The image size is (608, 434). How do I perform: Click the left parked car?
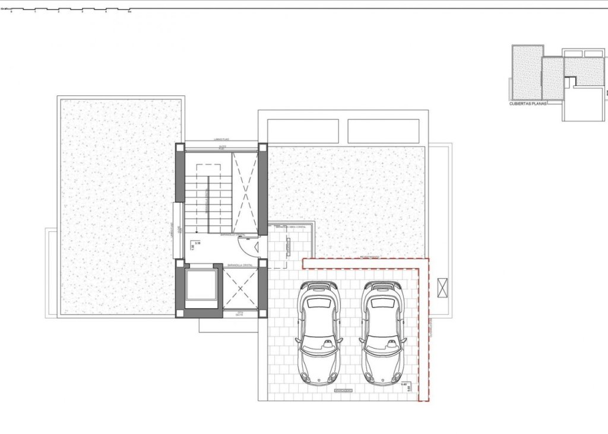(319, 333)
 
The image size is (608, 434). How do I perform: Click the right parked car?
(384, 333)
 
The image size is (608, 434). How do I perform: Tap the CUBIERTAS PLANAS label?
(528, 103)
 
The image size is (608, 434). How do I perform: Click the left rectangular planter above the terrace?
(303, 131)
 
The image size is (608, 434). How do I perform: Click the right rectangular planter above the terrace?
(386, 131)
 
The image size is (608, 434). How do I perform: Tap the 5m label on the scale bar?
(129, 11)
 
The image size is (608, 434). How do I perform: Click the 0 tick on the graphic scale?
(11, 12)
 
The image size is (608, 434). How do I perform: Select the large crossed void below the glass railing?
(241, 289)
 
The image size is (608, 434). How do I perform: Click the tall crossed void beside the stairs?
(245, 193)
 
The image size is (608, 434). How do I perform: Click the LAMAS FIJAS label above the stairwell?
(222, 140)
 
